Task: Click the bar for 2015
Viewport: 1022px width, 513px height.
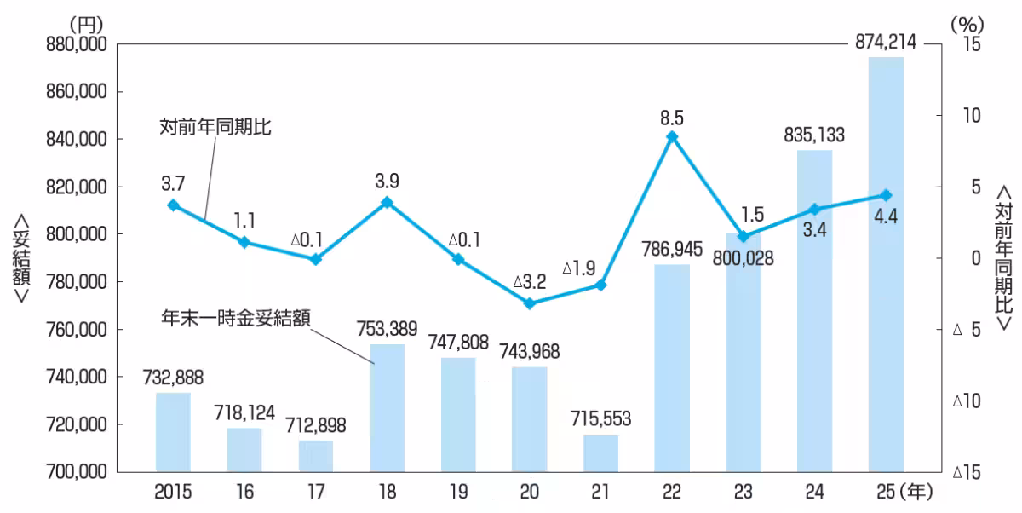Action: coord(173,432)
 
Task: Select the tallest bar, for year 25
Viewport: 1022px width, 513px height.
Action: coord(885,264)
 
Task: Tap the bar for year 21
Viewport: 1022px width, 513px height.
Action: coord(600,453)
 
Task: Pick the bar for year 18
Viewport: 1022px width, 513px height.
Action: coord(387,407)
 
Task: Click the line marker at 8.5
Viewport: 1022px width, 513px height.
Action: coord(672,137)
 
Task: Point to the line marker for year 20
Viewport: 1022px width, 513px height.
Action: coord(529,303)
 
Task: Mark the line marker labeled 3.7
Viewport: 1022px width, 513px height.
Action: coord(174,205)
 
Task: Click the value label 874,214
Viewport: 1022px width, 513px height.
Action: coord(885,38)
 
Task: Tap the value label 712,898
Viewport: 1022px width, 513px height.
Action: coord(316,426)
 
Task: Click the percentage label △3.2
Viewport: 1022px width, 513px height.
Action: coord(529,280)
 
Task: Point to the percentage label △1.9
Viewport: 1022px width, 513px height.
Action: coord(583,269)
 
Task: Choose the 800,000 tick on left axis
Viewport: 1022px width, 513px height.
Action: coord(73,234)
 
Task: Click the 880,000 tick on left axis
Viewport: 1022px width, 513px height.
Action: coord(73,44)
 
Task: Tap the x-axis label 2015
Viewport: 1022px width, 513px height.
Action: coord(173,492)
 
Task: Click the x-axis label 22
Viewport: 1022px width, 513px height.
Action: coord(672,492)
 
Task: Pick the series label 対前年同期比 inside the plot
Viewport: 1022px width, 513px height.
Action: coord(215,128)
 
